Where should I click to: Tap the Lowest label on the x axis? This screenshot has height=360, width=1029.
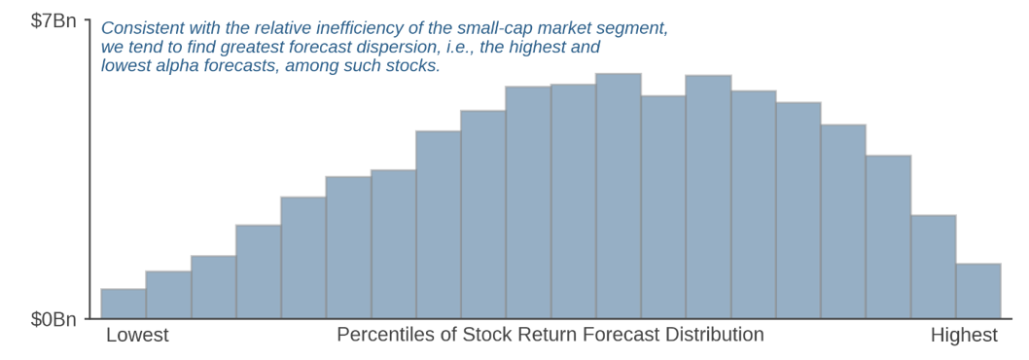pyautogui.click(x=137, y=335)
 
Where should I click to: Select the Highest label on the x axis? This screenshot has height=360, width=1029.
pyautogui.click(x=964, y=335)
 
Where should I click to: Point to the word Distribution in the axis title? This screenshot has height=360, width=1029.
pyautogui.click(x=714, y=335)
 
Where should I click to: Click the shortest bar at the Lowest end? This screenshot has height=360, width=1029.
pyautogui.click(x=124, y=304)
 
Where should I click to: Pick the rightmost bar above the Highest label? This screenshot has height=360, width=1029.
pyautogui.click(x=978, y=291)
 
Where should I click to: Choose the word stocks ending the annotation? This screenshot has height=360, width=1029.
pyautogui.click(x=414, y=66)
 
